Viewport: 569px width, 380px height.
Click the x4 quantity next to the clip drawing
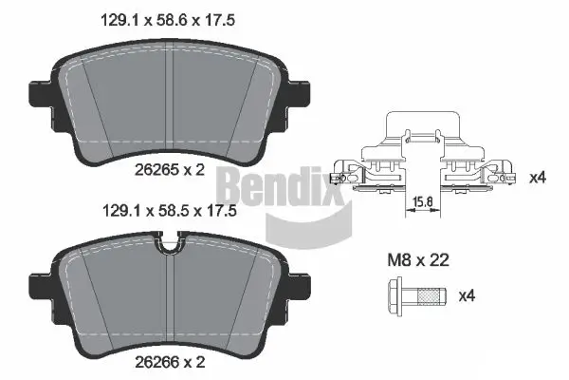(537, 177)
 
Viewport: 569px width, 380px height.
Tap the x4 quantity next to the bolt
(466, 295)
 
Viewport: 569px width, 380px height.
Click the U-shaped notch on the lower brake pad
(169, 249)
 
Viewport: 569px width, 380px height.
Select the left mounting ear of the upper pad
(38, 92)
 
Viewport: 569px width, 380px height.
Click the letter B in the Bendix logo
(230, 181)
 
